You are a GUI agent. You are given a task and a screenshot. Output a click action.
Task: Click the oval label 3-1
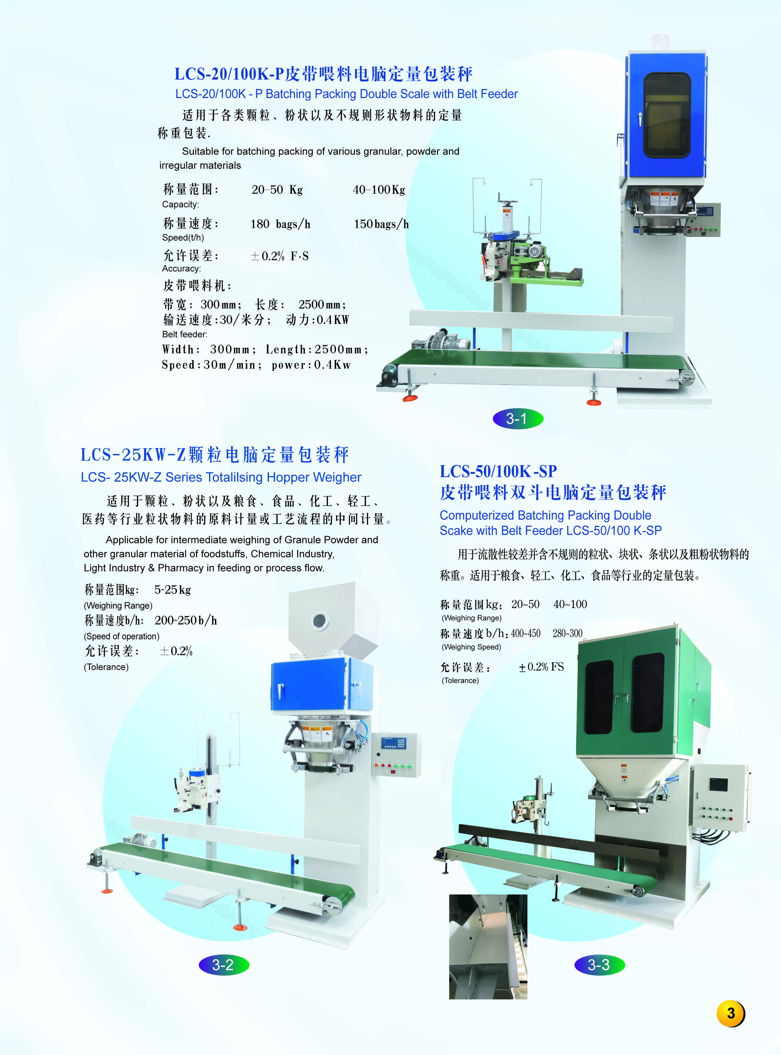[x=518, y=418]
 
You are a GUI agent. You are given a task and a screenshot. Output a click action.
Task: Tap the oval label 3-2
[x=223, y=965]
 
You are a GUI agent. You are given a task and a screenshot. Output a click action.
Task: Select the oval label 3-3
[x=600, y=965]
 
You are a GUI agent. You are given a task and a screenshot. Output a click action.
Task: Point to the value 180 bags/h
[x=280, y=224]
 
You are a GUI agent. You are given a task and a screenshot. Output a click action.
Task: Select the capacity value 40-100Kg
[x=379, y=189]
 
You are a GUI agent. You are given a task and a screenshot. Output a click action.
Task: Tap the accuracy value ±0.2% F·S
[x=279, y=256]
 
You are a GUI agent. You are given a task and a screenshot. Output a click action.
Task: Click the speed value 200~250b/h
[x=186, y=620]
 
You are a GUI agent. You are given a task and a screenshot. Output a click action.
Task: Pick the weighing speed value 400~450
[x=525, y=633]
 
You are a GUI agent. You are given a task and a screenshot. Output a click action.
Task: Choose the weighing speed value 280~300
[x=567, y=633]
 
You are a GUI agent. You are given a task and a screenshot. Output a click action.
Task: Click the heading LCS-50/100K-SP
[x=498, y=471]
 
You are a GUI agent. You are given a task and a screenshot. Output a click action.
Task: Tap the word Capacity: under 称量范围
[x=181, y=204]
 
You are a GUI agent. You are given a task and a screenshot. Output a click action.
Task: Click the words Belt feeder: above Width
[x=185, y=334]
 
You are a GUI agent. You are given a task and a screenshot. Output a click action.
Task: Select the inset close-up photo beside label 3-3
[x=488, y=946]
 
